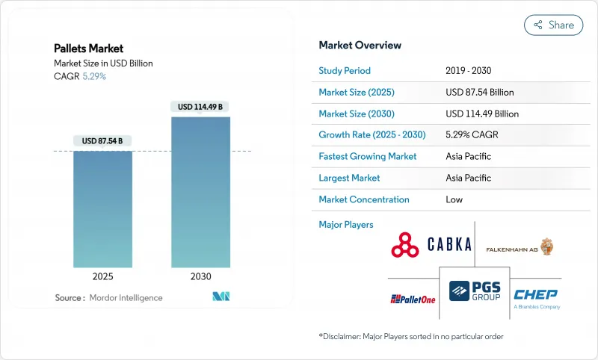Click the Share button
[553, 25]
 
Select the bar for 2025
[103, 209]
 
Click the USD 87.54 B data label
[102, 141]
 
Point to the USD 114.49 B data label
[200, 107]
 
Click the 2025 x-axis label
[103, 276]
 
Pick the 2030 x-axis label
[200, 276]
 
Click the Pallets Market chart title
[89, 49]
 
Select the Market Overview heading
[360, 45]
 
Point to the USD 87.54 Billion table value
[478, 93]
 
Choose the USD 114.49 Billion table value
[481, 114]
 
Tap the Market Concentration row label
[364, 199]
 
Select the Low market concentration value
[454, 199]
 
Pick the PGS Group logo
[475, 290]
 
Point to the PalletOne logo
[413, 299]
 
